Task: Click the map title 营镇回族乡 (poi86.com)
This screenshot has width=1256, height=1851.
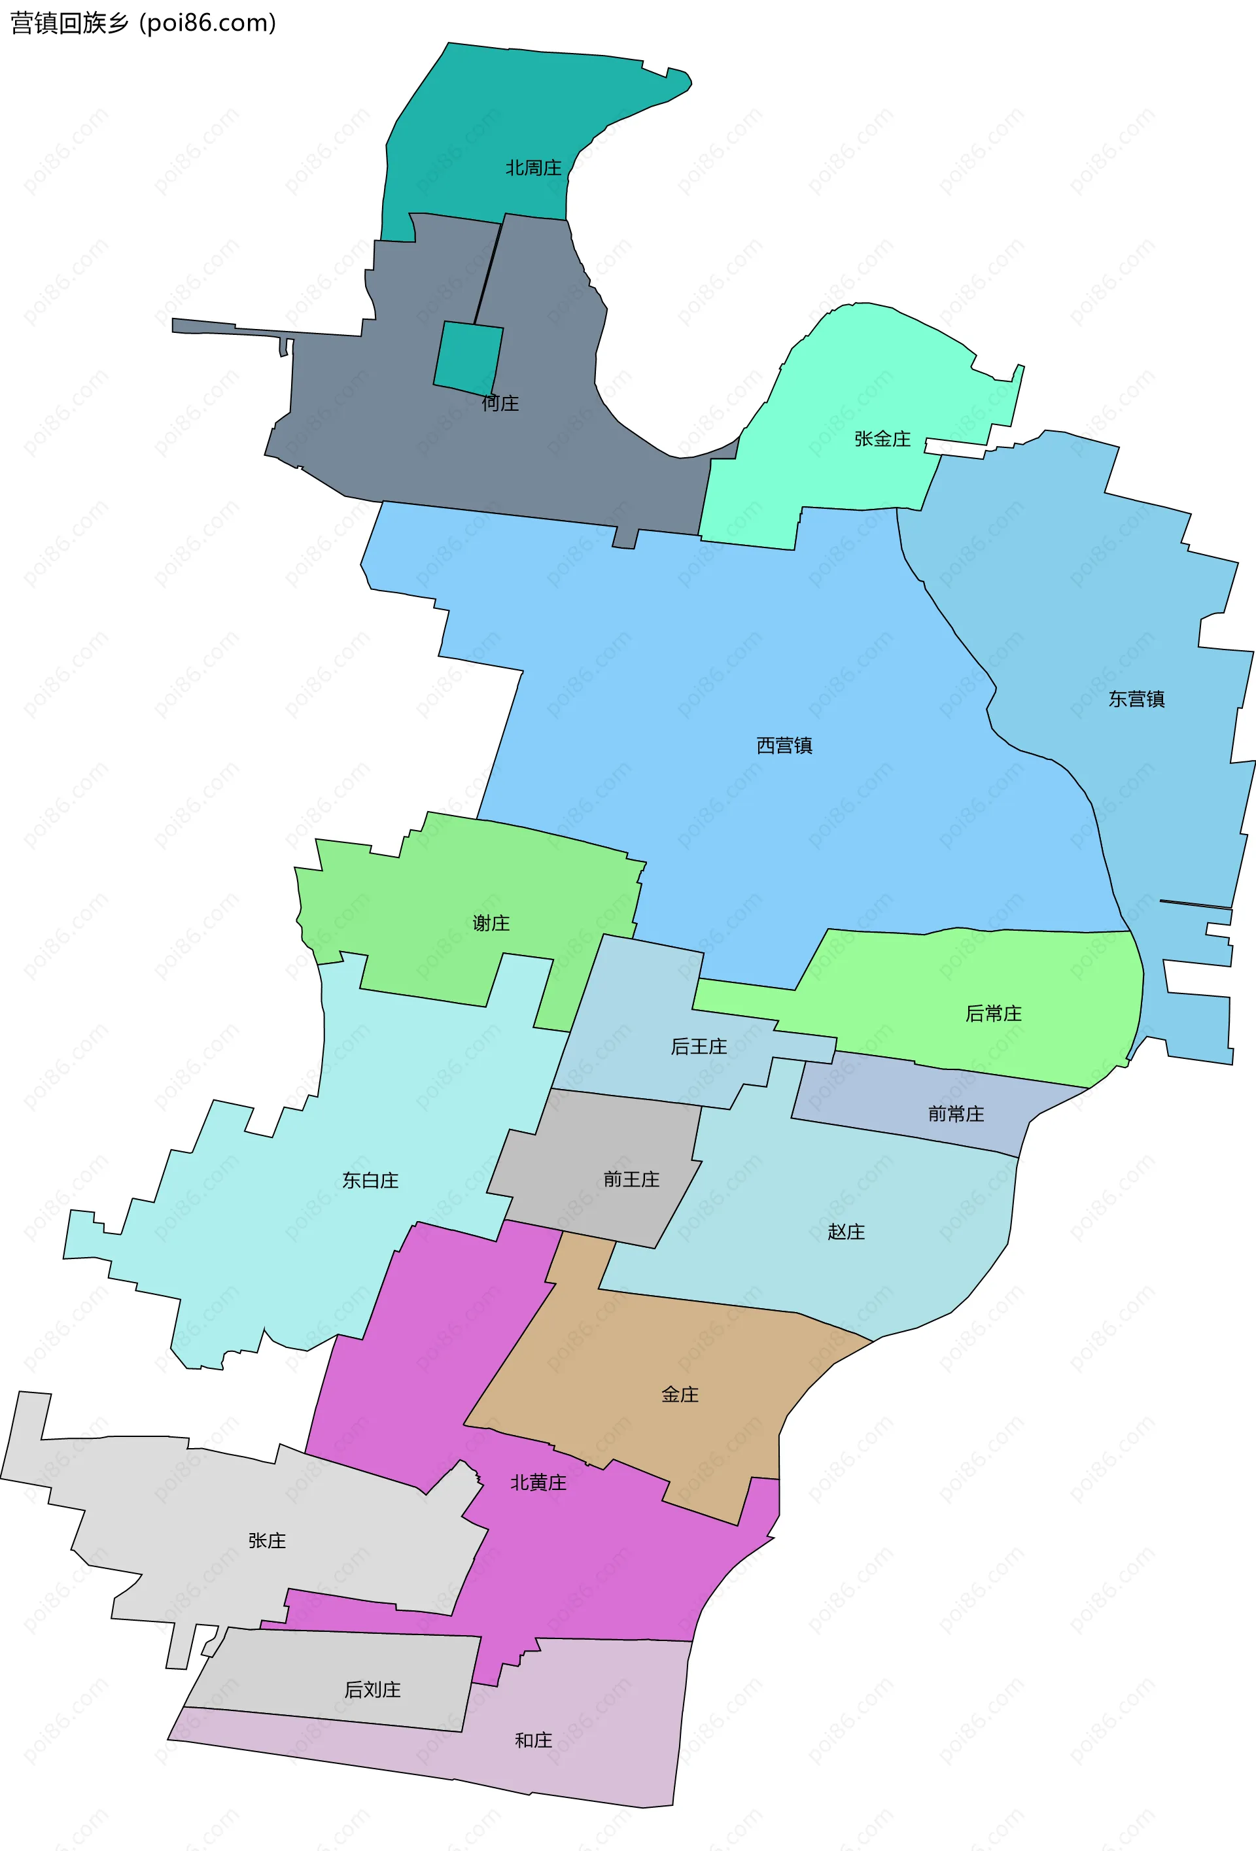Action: click(143, 23)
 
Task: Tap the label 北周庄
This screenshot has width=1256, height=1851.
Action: click(533, 168)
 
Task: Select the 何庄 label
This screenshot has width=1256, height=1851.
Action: click(500, 404)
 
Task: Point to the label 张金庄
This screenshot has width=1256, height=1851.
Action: click(882, 439)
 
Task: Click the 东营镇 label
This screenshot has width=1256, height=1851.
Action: click(1136, 699)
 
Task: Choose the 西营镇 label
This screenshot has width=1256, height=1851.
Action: click(784, 746)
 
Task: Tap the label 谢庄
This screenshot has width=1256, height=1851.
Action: click(491, 923)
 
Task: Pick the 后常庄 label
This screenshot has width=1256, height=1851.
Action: click(993, 1013)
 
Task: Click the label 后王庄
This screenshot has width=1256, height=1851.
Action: click(699, 1047)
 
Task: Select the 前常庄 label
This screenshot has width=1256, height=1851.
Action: click(956, 1113)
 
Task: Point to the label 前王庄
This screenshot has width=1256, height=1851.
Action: click(631, 1179)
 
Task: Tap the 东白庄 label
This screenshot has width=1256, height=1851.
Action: click(370, 1181)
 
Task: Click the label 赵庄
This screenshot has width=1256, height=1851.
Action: click(845, 1232)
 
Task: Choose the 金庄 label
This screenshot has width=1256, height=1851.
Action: click(680, 1394)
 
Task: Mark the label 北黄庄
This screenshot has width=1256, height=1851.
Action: click(538, 1482)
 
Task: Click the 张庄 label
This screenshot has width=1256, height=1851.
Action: click(267, 1540)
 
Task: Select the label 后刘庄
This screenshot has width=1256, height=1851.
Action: click(372, 1689)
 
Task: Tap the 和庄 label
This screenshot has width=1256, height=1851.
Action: click(533, 1740)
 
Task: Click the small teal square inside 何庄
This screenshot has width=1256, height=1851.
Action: click(468, 358)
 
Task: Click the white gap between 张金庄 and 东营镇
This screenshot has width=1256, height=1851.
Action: click(956, 449)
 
